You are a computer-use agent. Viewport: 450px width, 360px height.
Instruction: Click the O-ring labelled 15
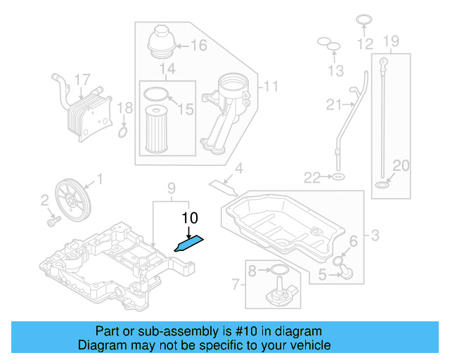156,94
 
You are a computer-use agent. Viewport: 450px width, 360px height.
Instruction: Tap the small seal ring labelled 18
123,131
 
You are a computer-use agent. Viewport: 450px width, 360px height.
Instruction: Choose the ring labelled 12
364,21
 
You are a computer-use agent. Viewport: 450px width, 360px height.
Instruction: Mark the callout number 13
337,71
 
